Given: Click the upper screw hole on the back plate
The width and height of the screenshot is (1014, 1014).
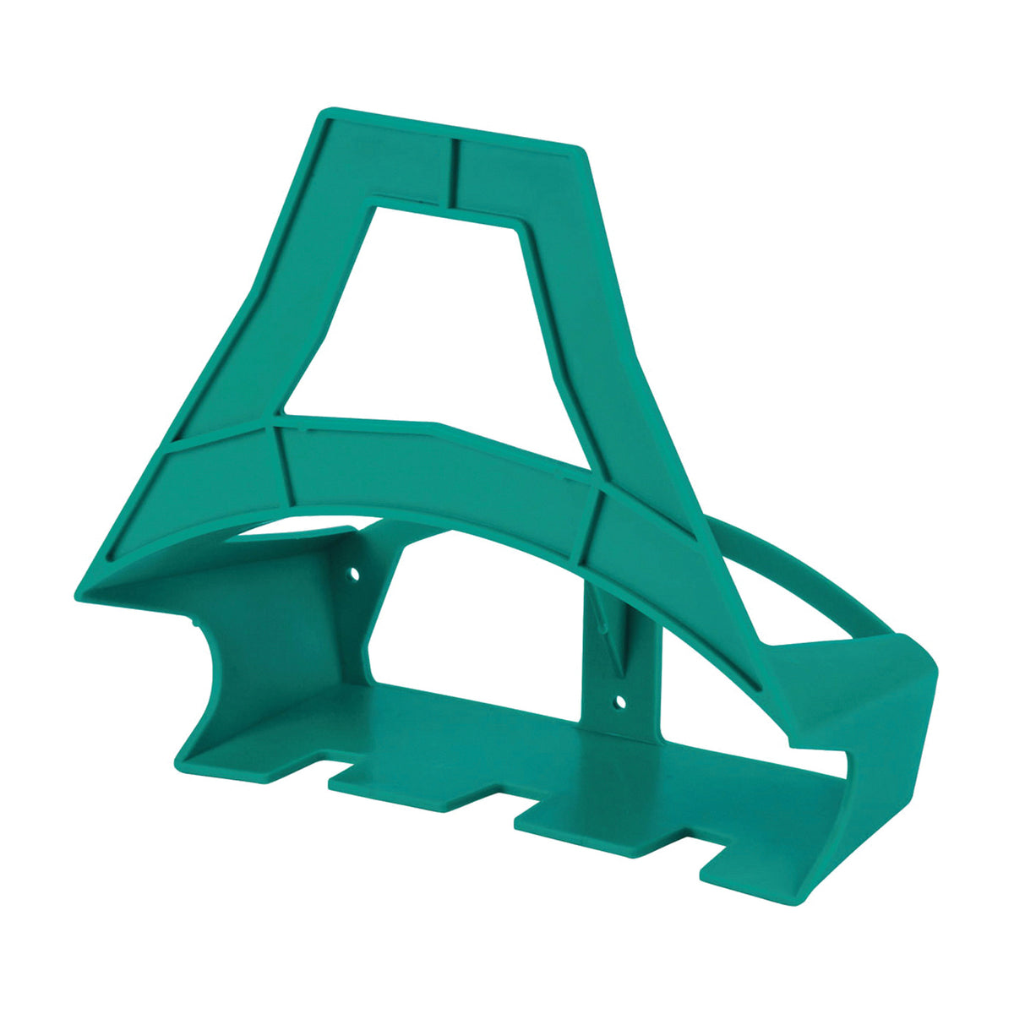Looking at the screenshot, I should [355, 574].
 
